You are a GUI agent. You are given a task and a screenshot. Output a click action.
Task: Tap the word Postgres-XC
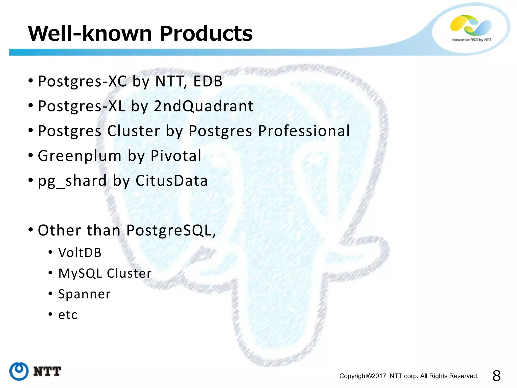point(82,81)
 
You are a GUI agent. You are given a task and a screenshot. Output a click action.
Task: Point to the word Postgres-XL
point(82,106)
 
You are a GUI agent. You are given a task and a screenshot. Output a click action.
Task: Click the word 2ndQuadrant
point(203,106)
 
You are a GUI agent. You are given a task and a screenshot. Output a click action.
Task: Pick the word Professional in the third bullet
point(304,131)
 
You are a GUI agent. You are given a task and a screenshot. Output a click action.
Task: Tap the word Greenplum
point(80,156)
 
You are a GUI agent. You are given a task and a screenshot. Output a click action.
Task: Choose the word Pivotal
point(176,156)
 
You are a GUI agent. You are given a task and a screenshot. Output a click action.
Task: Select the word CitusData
point(172,181)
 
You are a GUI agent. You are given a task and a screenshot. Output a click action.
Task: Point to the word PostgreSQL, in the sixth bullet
point(171,230)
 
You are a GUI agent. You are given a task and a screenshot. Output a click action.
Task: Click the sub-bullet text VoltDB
point(80,253)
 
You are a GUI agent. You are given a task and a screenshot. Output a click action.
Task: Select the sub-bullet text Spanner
point(84,294)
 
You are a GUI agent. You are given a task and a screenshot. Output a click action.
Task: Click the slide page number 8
point(496,376)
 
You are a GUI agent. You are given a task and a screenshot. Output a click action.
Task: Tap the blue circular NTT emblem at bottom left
point(19,371)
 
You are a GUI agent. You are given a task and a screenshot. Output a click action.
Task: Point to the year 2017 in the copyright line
point(379,376)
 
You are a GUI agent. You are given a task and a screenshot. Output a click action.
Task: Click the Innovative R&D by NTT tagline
point(471,40)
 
